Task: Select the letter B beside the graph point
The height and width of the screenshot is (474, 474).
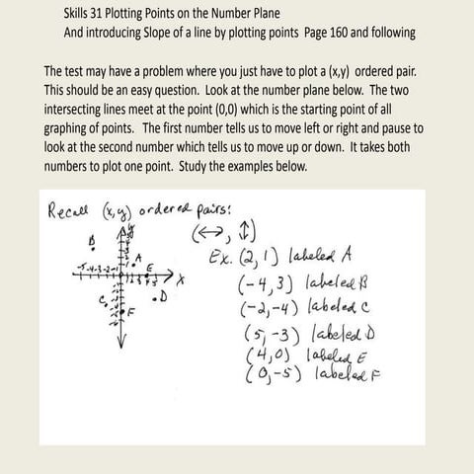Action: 92,240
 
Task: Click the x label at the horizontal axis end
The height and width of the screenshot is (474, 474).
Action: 182,279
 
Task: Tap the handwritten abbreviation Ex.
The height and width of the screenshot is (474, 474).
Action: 221,260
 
